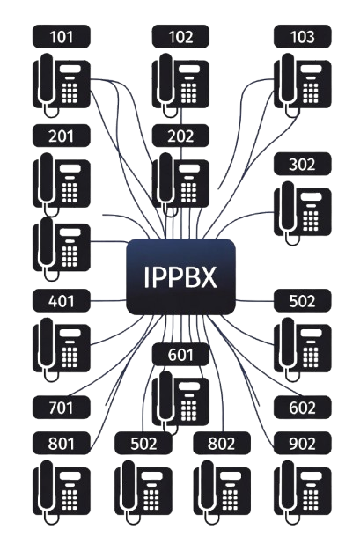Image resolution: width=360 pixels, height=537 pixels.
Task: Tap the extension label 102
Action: [180, 37]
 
